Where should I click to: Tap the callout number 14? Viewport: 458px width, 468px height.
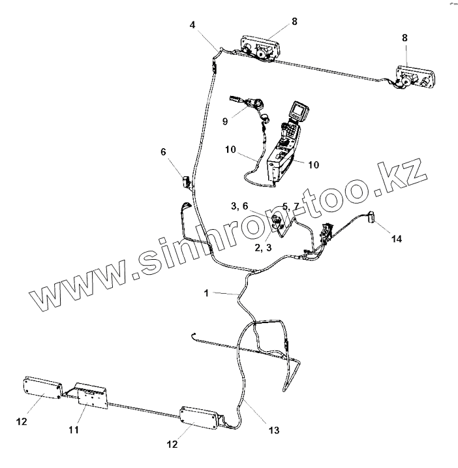pos(396,239)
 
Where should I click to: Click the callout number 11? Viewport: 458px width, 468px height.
pos(74,430)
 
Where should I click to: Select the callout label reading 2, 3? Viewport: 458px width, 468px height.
pos(263,248)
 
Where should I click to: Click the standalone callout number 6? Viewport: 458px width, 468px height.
pos(163,151)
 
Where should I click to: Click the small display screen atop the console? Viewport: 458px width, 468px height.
pos(301,111)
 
